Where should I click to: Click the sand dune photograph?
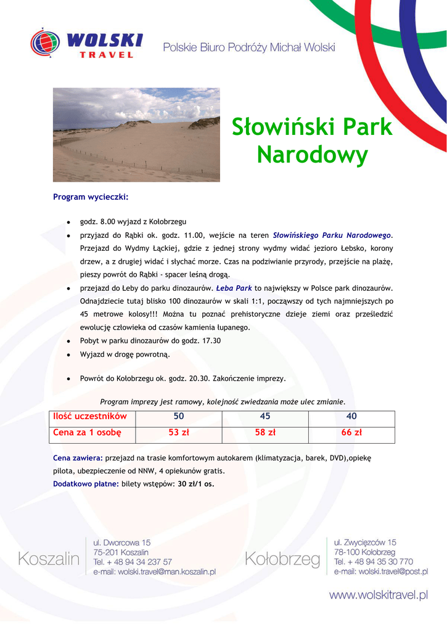[136, 134]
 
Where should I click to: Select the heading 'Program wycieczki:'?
[91, 197]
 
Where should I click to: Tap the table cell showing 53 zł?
[179, 433]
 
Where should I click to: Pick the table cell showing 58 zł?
[265, 433]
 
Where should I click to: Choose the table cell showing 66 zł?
[351, 433]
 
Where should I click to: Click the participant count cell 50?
[179, 417]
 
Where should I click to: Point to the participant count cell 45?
[265, 417]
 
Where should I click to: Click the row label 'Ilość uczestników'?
[90, 417]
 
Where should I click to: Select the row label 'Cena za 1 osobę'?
[88, 433]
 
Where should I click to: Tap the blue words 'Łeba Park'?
[234, 288]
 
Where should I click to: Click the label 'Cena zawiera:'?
[78, 458]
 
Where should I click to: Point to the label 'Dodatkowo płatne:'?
[86, 484]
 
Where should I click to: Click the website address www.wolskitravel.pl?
[378, 595]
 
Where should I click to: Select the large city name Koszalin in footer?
[49, 559]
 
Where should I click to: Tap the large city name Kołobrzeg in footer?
[282, 559]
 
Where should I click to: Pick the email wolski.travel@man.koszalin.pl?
[154, 572]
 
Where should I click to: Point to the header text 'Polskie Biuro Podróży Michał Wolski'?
[249, 47]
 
